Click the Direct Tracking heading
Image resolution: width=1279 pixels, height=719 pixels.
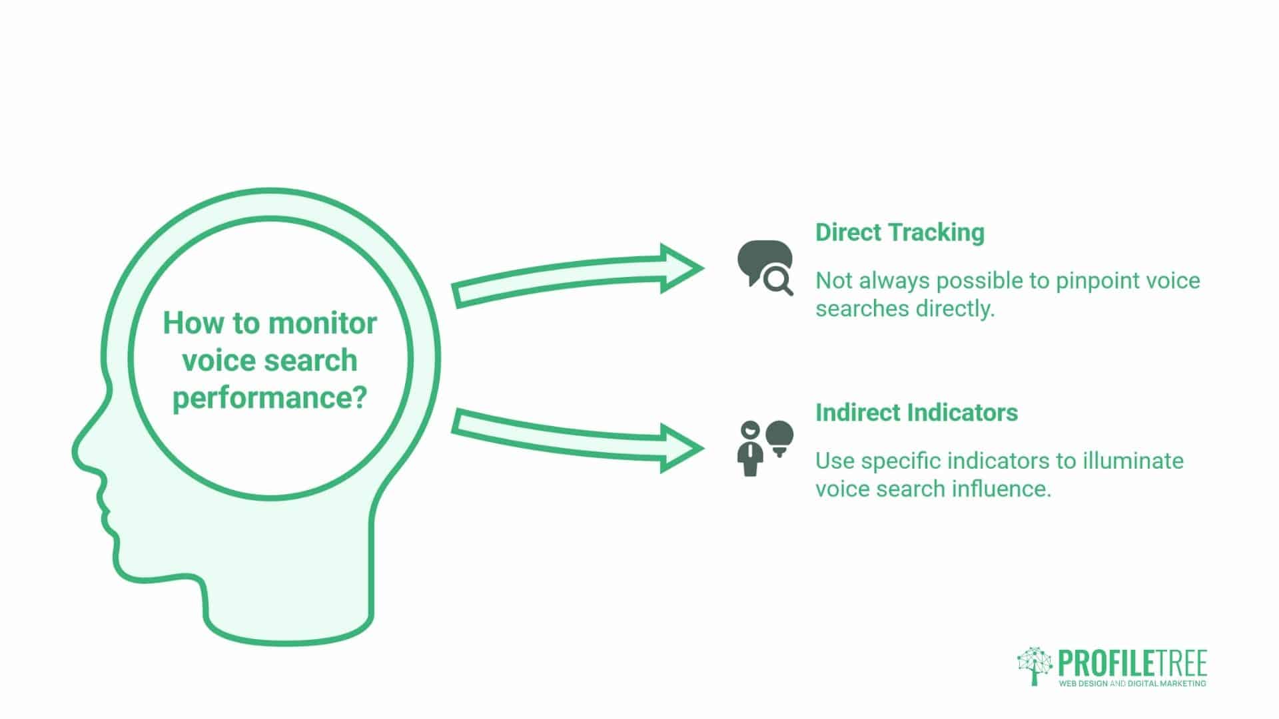tap(899, 232)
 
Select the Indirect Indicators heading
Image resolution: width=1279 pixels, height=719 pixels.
tap(916, 413)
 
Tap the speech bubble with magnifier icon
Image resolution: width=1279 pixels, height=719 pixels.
tap(764, 265)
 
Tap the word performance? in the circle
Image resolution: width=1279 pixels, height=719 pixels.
tap(270, 398)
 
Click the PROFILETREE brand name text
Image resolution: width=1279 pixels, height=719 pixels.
tap(1132, 664)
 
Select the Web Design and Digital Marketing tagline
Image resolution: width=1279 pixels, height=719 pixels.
tap(1132, 684)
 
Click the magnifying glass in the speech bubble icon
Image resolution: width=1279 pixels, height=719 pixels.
tap(777, 281)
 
